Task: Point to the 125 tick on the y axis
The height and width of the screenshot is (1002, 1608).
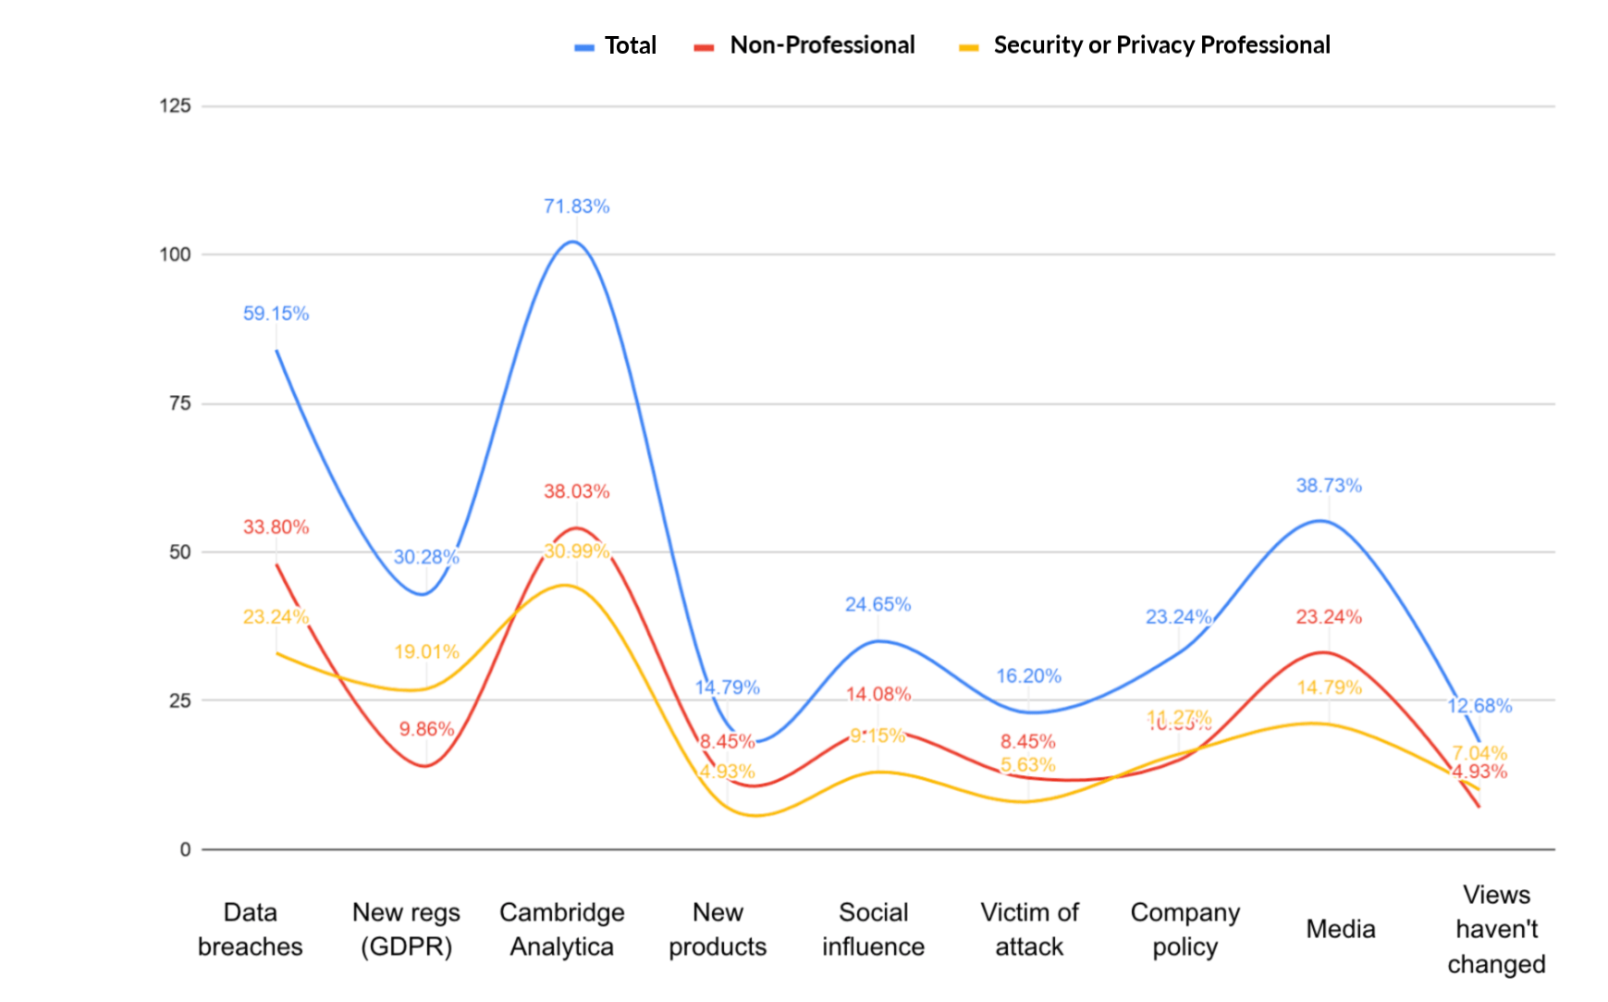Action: coord(175,105)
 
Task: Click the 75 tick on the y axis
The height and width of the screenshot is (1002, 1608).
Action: coord(179,403)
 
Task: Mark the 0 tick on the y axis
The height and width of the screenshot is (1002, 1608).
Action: coord(185,849)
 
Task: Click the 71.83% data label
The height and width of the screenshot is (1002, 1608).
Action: coord(576,206)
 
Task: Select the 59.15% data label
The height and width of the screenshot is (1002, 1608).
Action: coord(276,314)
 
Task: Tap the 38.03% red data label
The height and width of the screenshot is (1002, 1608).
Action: coord(576,491)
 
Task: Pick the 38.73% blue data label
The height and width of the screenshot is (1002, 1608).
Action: coord(1328,486)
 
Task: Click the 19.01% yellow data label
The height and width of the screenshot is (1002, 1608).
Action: coord(426,651)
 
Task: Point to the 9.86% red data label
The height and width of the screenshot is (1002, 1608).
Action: coord(426,729)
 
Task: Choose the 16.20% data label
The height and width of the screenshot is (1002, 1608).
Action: coord(1028,676)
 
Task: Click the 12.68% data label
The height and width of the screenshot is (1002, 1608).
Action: coord(1479,706)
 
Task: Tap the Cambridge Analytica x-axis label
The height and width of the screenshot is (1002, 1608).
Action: coord(561,929)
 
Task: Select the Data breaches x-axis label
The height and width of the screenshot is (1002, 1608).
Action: coord(250,929)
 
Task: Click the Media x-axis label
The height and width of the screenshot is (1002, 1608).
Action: coord(1340,929)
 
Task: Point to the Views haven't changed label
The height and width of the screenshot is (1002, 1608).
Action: coord(1496,929)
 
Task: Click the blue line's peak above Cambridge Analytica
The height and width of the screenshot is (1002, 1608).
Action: coord(574,241)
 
